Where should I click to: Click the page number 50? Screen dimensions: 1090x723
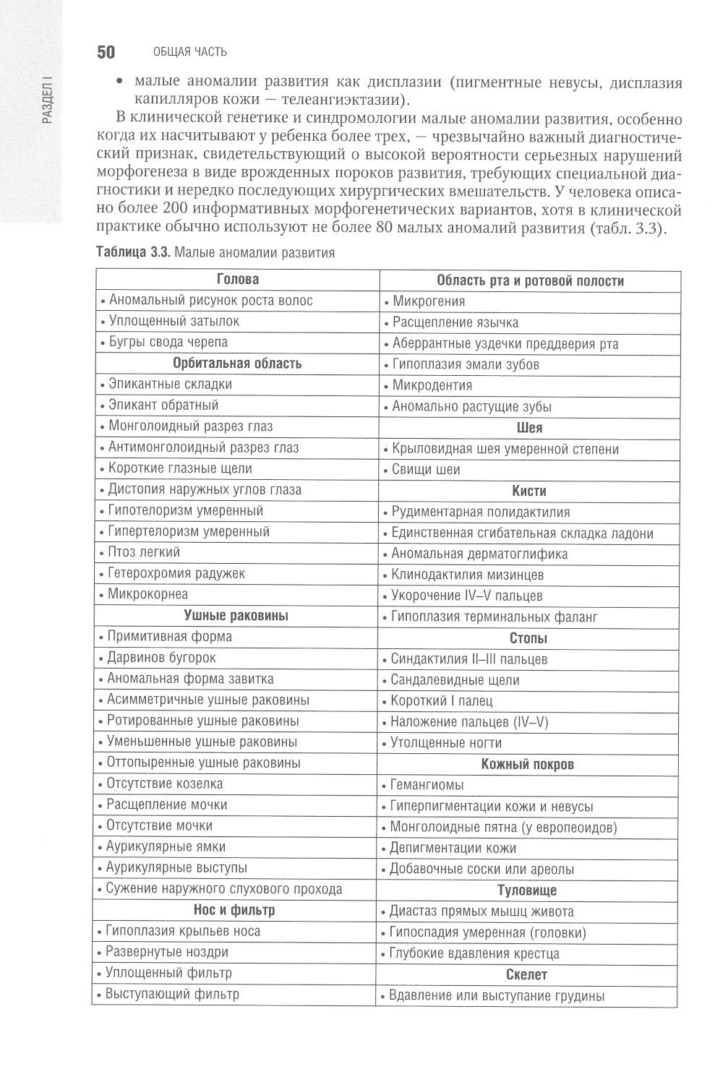(106, 52)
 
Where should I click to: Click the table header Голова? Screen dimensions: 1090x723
(237, 280)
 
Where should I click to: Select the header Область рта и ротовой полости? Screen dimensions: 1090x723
(530, 281)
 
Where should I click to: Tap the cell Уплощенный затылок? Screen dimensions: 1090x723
(174, 321)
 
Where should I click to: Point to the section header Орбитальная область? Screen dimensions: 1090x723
(237, 363)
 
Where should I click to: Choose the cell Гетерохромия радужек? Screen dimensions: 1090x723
(176, 573)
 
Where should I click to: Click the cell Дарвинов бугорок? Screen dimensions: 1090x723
(161, 658)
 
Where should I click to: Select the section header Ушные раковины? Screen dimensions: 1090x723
(236, 616)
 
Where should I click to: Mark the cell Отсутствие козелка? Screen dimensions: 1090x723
(165, 784)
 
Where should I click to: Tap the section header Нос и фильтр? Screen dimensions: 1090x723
(234, 910)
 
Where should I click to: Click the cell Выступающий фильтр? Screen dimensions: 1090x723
(172, 994)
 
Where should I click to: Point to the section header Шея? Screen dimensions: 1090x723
(529, 428)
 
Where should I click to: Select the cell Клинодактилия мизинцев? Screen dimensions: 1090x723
(467, 575)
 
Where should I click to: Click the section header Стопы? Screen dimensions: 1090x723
(529, 638)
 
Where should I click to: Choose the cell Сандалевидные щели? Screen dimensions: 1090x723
(455, 680)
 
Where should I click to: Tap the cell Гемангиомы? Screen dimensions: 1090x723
(427, 785)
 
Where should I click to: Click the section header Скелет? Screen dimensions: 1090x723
(527, 974)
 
